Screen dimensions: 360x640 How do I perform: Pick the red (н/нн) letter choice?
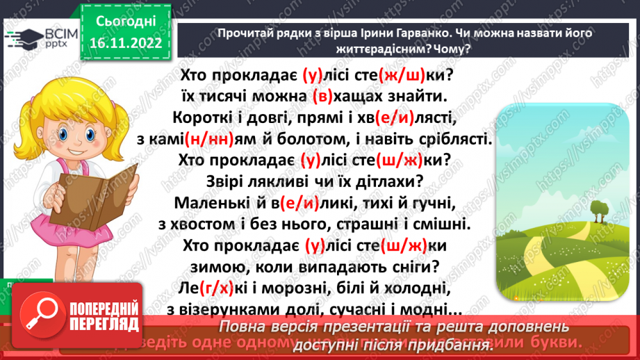pyautogui.click(x=221, y=139)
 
